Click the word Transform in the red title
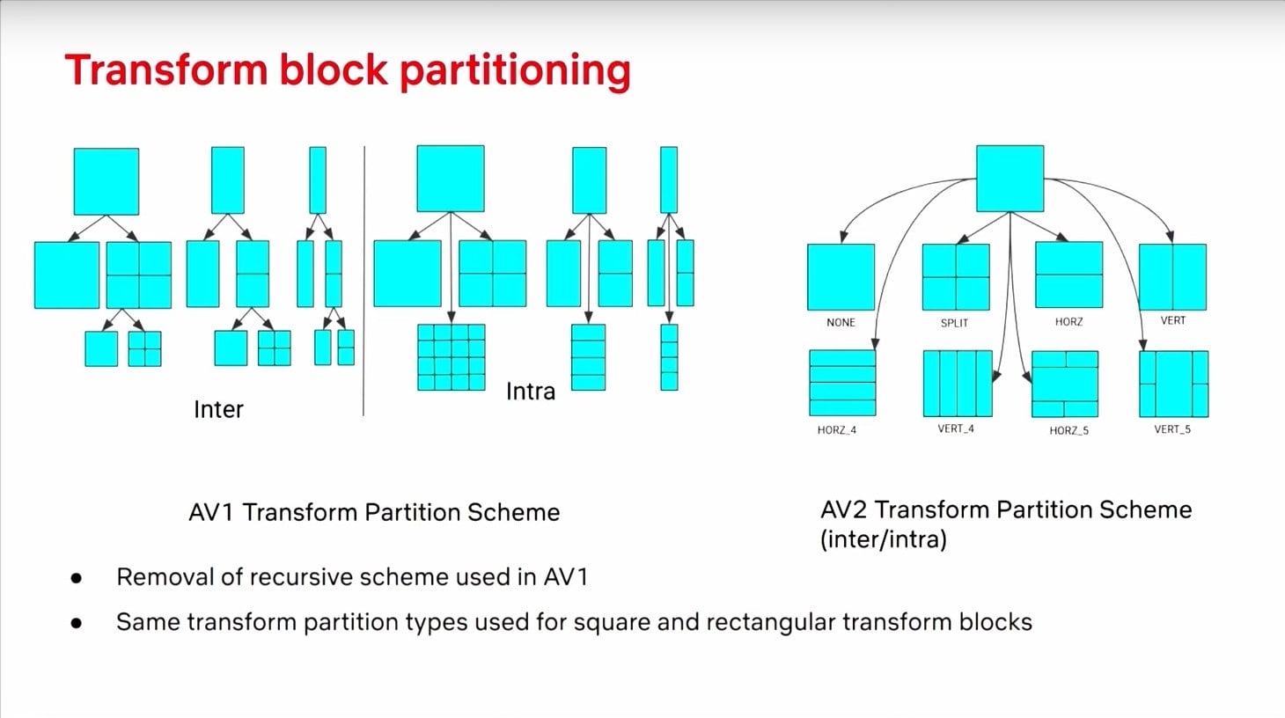[x=166, y=70]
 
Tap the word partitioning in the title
[x=515, y=71]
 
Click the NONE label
[x=841, y=322]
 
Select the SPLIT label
[x=954, y=323]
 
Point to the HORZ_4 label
[x=836, y=430]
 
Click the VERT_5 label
[x=1172, y=429]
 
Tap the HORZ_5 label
[x=1068, y=430]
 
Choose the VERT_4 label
[x=956, y=429]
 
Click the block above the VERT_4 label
[x=958, y=383]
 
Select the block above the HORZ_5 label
[x=1065, y=384]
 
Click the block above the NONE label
[x=841, y=277]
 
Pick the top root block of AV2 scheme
[x=1010, y=179]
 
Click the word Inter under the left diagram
[x=218, y=409]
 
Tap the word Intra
[x=531, y=392]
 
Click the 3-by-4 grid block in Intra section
[x=452, y=356]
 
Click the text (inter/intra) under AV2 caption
[x=883, y=538]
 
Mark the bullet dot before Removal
[x=77, y=578]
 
